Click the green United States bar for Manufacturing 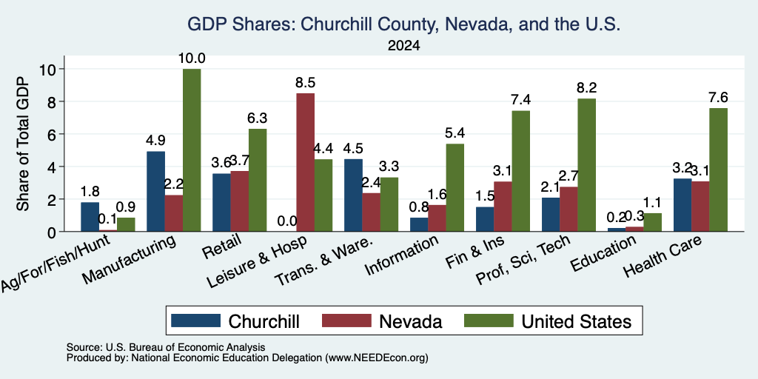192,150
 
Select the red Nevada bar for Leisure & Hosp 305,162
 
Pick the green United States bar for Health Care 718,170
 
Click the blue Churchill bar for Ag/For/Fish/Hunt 90,217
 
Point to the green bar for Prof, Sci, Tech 586,165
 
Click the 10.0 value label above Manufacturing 192,58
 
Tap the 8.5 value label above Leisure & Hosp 306,83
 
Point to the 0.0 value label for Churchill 287,221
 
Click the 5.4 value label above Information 455,133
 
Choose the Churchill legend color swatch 195,321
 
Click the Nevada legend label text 410,321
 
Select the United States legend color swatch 489,321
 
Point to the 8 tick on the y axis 53,101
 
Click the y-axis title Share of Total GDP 23,144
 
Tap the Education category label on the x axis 603,254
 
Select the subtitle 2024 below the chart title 403,46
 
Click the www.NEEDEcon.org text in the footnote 377,358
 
